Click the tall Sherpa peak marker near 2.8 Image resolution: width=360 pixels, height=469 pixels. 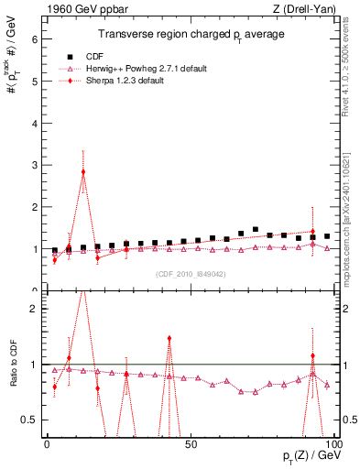pyautogui.click(x=83, y=172)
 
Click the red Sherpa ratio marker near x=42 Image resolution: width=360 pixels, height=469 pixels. pyautogui.click(x=169, y=338)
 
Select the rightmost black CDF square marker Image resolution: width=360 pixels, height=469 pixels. pyautogui.click(x=327, y=236)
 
